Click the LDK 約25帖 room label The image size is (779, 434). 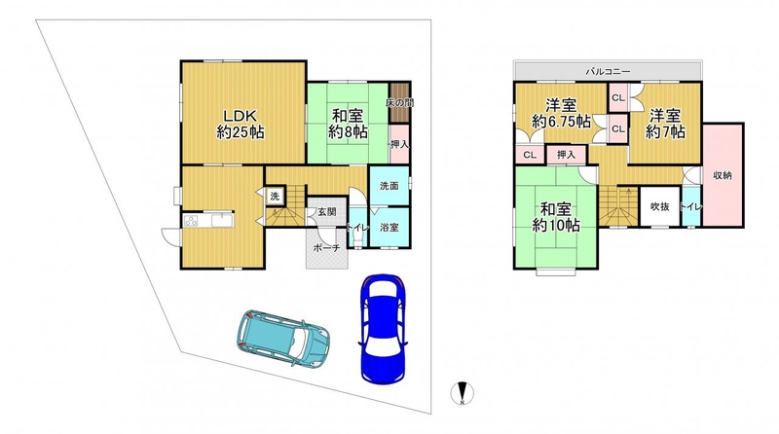pyautogui.click(x=241, y=125)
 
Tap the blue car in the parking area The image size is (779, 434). pyautogui.click(x=382, y=328)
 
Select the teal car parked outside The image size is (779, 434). pyautogui.click(x=282, y=339)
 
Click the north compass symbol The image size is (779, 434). pyautogui.click(x=462, y=393)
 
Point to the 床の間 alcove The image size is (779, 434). pyautogui.click(x=398, y=103)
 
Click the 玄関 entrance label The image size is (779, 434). pyautogui.click(x=327, y=212)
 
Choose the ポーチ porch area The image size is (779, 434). pyautogui.click(x=327, y=248)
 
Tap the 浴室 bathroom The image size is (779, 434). pyautogui.click(x=390, y=228)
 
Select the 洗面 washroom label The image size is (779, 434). pyautogui.click(x=389, y=186)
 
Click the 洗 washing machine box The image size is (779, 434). pyautogui.click(x=275, y=197)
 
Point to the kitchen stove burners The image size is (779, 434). pyautogui.click(x=191, y=220)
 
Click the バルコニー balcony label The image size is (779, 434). pyautogui.click(x=608, y=71)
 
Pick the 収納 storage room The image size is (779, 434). pyautogui.click(x=723, y=175)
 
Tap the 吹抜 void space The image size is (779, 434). pyautogui.click(x=660, y=206)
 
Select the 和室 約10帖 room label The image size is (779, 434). pyautogui.click(x=556, y=217)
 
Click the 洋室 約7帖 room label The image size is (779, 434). pyautogui.click(x=666, y=124)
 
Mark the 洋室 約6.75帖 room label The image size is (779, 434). pyautogui.click(x=562, y=113)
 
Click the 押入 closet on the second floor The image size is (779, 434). pyautogui.click(x=567, y=155)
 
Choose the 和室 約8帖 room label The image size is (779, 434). pyautogui.click(x=348, y=125)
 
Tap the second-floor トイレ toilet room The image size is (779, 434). pyautogui.click(x=690, y=206)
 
